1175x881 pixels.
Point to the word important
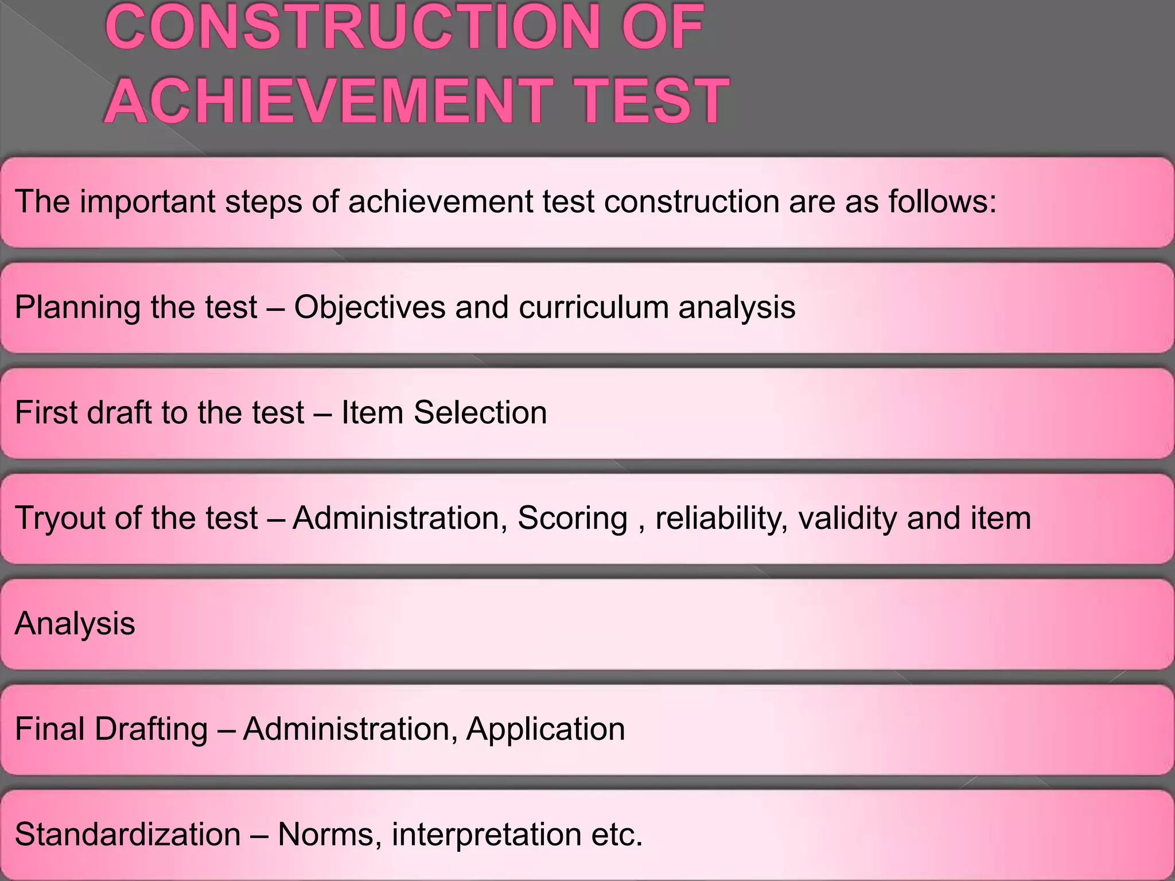click(x=148, y=202)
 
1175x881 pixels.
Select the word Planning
click(x=77, y=307)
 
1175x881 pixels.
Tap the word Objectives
click(x=369, y=307)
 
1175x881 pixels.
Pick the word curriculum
click(x=594, y=307)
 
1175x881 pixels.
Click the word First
click(x=46, y=412)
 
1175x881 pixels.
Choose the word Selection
click(x=480, y=412)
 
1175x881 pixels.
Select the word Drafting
click(x=151, y=729)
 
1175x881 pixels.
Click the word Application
click(x=545, y=729)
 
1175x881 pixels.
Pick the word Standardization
click(x=127, y=834)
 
